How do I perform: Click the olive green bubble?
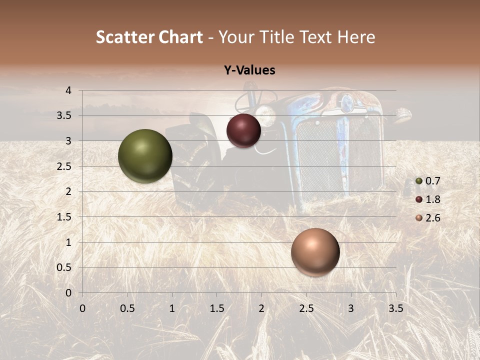[x=145, y=156]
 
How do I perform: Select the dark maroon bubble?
[x=243, y=130]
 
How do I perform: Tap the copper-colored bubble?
[x=315, y=251]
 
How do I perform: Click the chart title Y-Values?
[x=249, y=70]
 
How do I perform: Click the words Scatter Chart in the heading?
[x=149, y=37]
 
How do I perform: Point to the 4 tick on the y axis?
[x=68, y=90]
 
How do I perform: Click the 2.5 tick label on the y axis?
[x=64, y=166]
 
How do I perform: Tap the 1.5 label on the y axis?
[x=64, y=217]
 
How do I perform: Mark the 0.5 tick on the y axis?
[x=64, y=267]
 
